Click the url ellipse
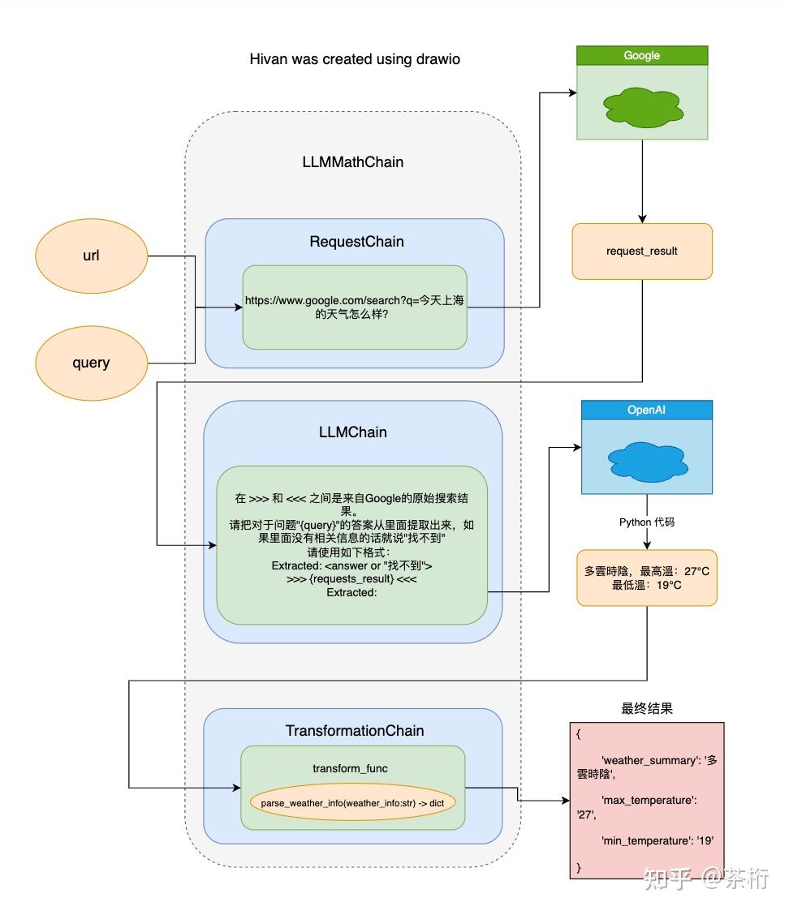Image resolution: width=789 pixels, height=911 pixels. click(91, 256)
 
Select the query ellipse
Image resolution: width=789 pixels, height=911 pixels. click(91, 363)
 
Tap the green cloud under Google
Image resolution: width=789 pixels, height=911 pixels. click(641, 105)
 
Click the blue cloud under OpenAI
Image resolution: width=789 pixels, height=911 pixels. click(646, 459)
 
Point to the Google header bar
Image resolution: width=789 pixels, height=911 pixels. click(641, 56)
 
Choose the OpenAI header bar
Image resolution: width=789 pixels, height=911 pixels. click(646, 410)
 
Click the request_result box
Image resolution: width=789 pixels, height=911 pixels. click(641, 251)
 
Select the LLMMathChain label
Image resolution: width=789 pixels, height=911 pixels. click(352, 161)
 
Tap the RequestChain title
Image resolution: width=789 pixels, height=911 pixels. click(356, 242)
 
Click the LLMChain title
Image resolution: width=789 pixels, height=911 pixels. click(352, 432)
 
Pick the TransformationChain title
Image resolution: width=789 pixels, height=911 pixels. click(354, 731)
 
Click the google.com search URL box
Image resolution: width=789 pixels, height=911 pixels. click(355, 307)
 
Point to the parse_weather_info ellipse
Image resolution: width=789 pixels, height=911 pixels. click(353, 802)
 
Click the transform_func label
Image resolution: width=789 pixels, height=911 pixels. click(350, 768)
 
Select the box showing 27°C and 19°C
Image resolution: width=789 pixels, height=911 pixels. click(646, 578)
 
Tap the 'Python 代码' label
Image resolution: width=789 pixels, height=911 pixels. click(646, 522)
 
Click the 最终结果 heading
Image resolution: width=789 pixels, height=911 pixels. click(646, 708)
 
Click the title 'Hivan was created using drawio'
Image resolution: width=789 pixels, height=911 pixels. click(355, 59)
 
